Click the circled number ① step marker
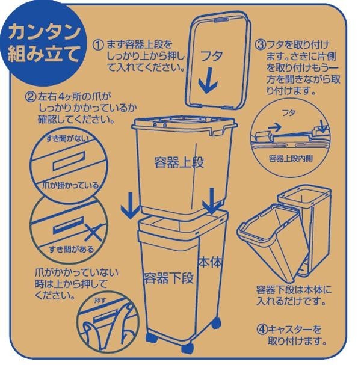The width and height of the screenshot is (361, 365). pos(98,44)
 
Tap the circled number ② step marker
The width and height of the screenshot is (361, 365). pos(31,96)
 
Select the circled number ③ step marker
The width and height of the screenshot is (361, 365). pos(260,44)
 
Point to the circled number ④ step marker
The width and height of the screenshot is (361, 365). pos(262,329)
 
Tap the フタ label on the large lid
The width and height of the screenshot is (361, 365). pos(211,56)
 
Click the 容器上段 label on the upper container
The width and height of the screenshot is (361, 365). pos(179,162)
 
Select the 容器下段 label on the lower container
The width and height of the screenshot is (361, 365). pos(168,277)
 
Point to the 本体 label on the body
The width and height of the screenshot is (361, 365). pos(210,262)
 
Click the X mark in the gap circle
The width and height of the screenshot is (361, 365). pos(93,233)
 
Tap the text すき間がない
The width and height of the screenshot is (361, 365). pos(67,138)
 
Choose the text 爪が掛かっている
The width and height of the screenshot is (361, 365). pos(70,185)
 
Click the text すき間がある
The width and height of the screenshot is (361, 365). pos(71,250)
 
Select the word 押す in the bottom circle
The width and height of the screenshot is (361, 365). pos(100,300)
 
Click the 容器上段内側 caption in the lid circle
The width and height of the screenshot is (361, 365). pos(291,159)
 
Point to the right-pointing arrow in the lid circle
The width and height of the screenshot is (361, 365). pos(275,127)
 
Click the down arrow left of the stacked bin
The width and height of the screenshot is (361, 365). pos(131,205)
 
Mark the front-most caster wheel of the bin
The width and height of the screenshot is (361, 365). pos(188,348)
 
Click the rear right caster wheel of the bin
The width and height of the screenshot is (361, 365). pos(216,323)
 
